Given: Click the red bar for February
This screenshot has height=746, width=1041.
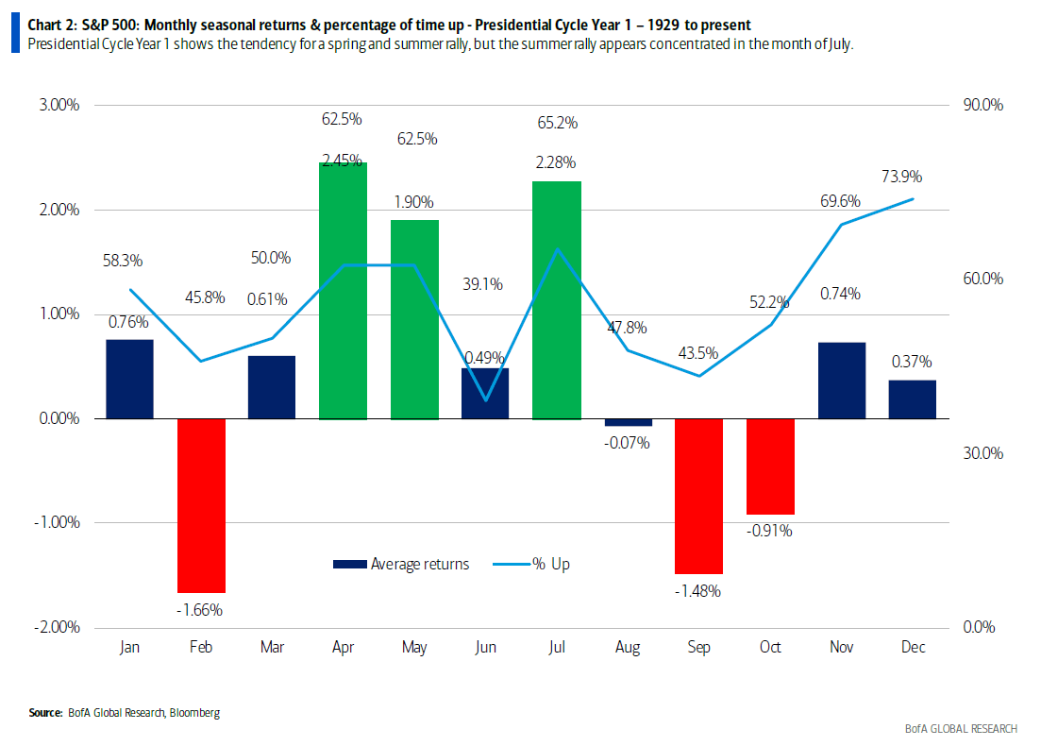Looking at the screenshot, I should [x=201, y=505].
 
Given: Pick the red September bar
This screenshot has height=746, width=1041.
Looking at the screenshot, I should [x=698, y=496].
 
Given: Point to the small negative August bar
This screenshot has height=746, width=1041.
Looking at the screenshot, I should [x=628, y=422].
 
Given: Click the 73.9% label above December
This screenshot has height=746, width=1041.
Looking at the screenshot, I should [x=902, y=177].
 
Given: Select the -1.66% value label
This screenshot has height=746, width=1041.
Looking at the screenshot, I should [x=199, y=610].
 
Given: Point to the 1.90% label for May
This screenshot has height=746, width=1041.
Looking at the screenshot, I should [x=413, y=202].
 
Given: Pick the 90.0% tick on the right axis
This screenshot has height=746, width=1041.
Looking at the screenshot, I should [x=983, y=105].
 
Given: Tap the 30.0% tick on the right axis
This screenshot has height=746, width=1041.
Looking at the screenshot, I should [x=983, y=453].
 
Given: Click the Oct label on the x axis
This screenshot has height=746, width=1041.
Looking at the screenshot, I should [x=770, y=648].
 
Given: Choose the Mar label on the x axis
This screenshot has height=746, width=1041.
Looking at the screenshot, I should [x=272, y=648].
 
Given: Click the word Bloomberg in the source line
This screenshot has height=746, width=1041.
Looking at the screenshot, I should [x=193, y=712].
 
